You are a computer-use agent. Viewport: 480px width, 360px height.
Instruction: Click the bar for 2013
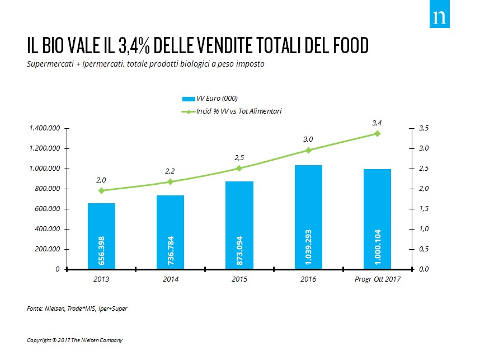pyautogui.click(x=101, y=236)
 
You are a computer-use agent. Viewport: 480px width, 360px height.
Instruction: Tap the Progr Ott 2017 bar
pyautogui.click(x=377, y=219)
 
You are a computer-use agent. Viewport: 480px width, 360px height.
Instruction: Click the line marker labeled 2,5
pyautogui.click(x=239, y=168)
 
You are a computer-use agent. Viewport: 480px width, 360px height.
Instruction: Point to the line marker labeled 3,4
pyautogui.click(x=377, y=133)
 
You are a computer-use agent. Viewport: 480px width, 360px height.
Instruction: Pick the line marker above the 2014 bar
pyautogui.click(x=170, y=181)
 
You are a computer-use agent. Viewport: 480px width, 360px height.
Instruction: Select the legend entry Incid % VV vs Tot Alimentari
pyautogui.click(x=231, y=111)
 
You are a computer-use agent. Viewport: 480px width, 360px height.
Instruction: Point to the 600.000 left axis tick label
pyautogui.click(x=48, y=209)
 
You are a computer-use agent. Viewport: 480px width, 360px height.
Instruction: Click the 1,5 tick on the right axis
pyautogui.click(x=423, y=209)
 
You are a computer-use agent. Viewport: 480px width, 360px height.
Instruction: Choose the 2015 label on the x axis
pyautogui.click(x=239, y=279)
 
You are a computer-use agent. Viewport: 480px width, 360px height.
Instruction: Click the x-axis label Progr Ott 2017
pyautogui.click(x=377, y=279)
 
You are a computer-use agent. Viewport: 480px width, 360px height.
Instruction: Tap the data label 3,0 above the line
pyautogui.click(x=308, y=139)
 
